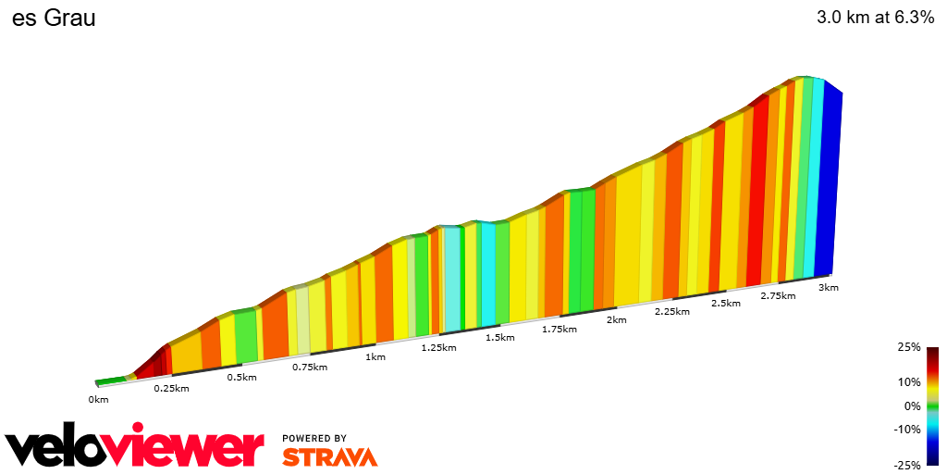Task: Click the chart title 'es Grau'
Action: coord(54,18)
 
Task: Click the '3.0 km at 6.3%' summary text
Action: coord(875,18)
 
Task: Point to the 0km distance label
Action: coord(98,399)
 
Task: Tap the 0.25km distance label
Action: coord(171,388)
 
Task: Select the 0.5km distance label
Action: coord(241,377)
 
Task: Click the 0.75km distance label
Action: coord(310,367)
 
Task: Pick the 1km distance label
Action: coord(375,356)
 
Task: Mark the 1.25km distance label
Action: coord(438,347)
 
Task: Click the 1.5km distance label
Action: coord(499,338)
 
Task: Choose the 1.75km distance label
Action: coord(560,329)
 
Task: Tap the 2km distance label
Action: coord(616,320)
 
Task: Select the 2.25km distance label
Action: coord(672,312)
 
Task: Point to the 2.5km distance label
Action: coord(725,304)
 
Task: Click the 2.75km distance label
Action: coord(778,295)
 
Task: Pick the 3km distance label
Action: coord(829,288)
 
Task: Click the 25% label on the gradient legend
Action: coord(909,347)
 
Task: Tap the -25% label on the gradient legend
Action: coord(907,465)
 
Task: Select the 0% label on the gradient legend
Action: coord(912,405)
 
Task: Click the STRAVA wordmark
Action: coord(329,456)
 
